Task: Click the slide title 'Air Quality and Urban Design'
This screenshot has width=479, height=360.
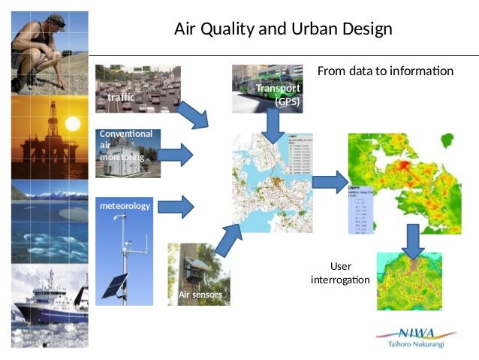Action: [x=283, y=29]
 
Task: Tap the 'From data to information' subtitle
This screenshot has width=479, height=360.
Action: [x=385, y=71]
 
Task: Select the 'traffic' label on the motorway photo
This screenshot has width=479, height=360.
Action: [x=121, y=98]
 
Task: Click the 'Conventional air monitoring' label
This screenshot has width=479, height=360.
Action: [x=125, y=145]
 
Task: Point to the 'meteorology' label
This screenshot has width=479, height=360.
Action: [x=125, y=205]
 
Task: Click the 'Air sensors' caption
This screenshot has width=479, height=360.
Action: [x=200, y=295]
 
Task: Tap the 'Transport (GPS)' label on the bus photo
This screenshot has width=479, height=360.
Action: [x=279, y=95]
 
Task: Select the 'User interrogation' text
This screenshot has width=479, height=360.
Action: [x=340, y=273]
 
